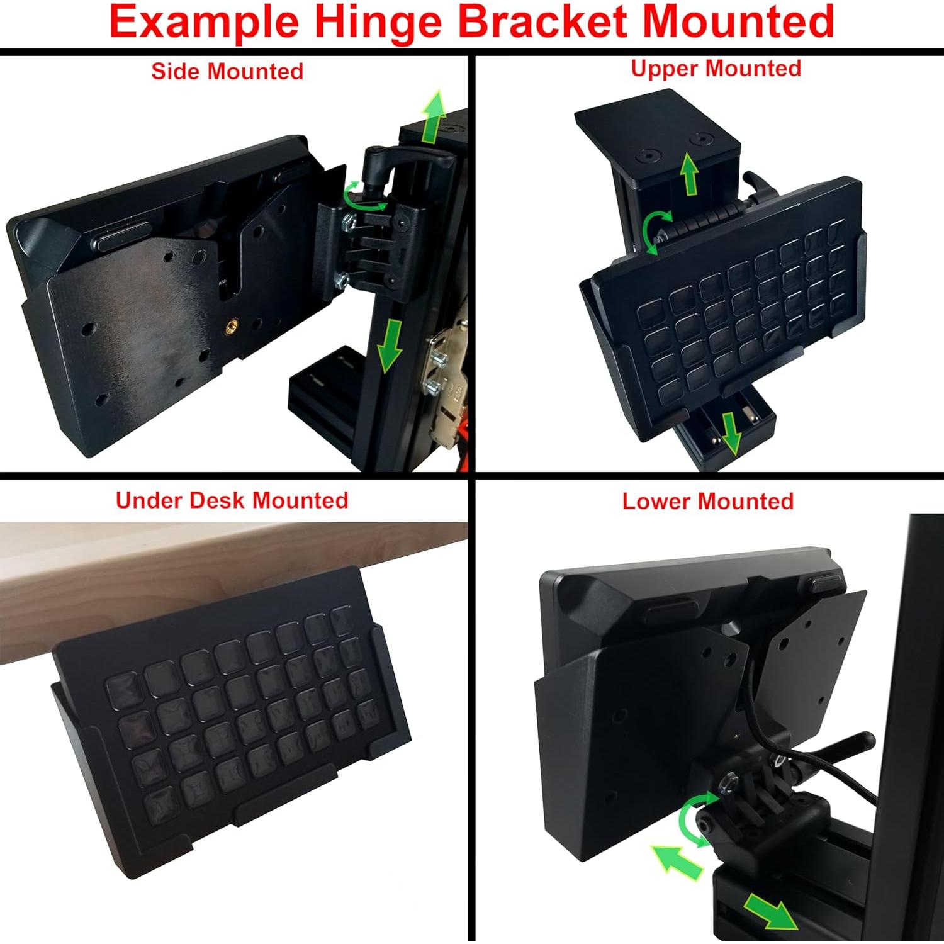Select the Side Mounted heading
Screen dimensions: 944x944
227,71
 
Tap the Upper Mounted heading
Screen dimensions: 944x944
716,68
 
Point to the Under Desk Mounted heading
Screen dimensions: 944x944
232,500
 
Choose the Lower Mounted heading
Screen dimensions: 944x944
707,502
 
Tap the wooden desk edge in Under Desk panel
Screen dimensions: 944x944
189,566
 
